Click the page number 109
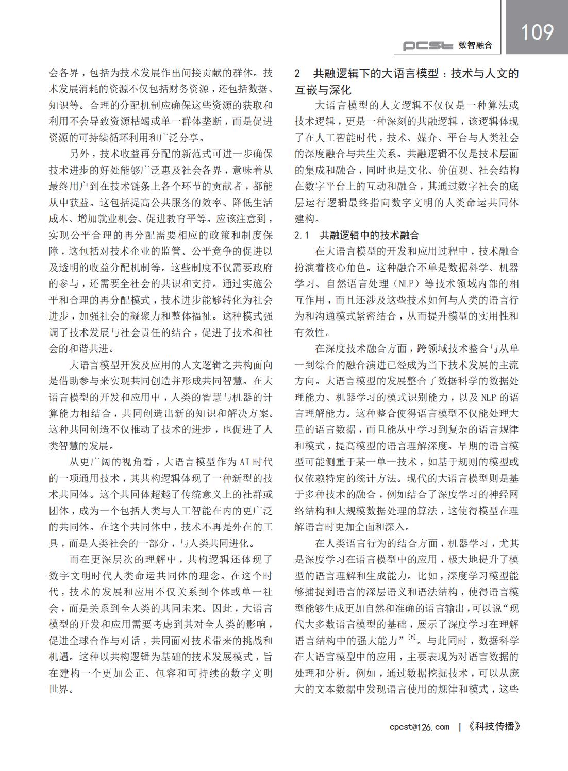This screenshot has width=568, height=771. pos(537,32)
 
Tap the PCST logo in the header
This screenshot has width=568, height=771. pos(428,46)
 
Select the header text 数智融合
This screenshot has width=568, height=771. pos(475,46)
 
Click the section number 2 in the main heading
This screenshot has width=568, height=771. pos(297,73)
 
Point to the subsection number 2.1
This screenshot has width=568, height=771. pos(302,236)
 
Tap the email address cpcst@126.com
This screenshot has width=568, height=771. pos(420,727)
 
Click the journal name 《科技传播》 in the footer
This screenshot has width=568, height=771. pos(494,727)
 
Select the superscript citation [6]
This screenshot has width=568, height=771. pos(411,638)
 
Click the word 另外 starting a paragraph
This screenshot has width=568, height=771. pos(79,154)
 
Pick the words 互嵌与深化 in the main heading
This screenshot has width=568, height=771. pos(323,90)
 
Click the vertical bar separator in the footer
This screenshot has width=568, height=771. pos(459,727)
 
